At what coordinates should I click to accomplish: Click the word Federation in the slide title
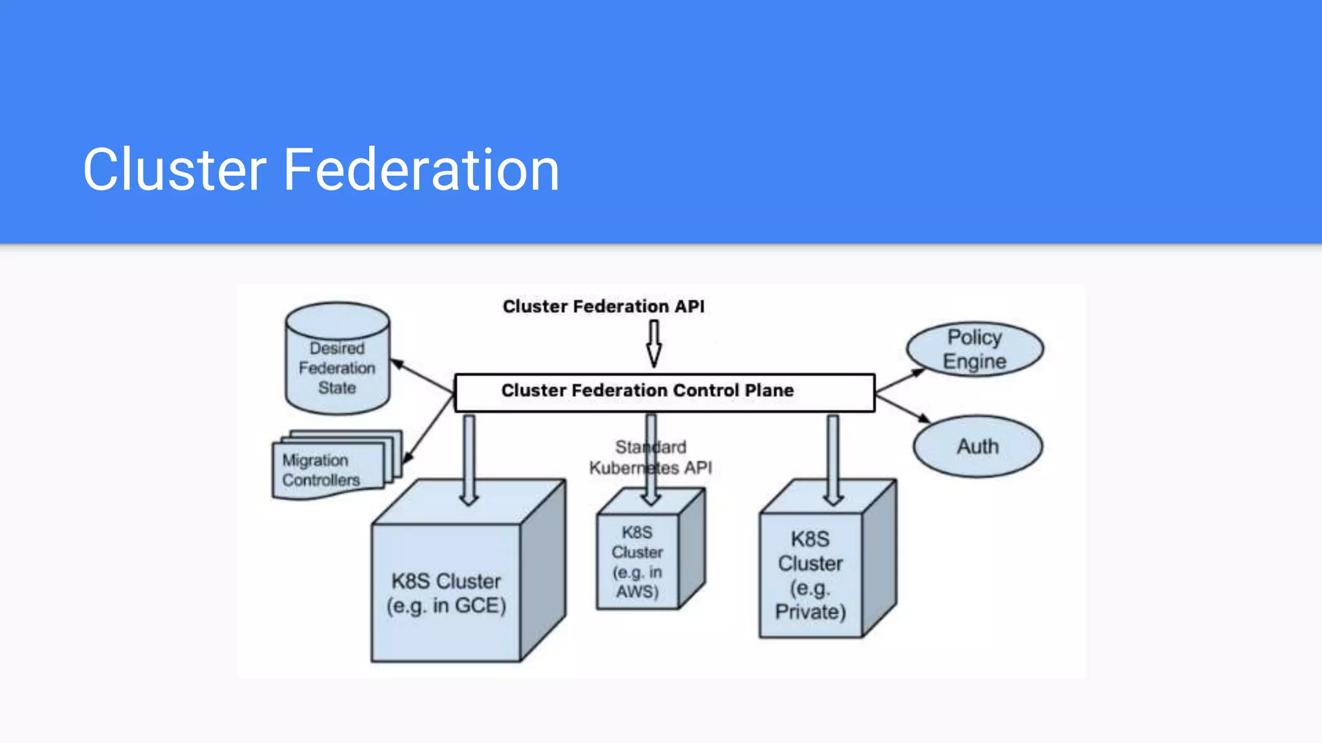(x=421, y=170)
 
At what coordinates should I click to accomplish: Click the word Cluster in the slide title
(x=174, y=170)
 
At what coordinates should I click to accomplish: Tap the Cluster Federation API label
(x=604, y=306)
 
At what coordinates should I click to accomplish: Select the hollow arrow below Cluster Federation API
(x=654, y=344)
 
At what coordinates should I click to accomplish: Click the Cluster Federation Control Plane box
(x=665, y=393)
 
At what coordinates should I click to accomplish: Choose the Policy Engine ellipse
(x=975, y=349)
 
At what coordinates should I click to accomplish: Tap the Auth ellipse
(x=977, y=446)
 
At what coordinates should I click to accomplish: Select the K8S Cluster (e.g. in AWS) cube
(x=638, y=561)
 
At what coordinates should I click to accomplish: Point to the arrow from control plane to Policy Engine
(x=900, y=381)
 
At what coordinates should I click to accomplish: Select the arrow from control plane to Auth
(x=902, y=409)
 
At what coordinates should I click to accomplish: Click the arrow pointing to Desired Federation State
(x=423, y=377)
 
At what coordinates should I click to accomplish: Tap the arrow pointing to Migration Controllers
(x=429, y=429)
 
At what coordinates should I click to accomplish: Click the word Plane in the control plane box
(x=769, y=390)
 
